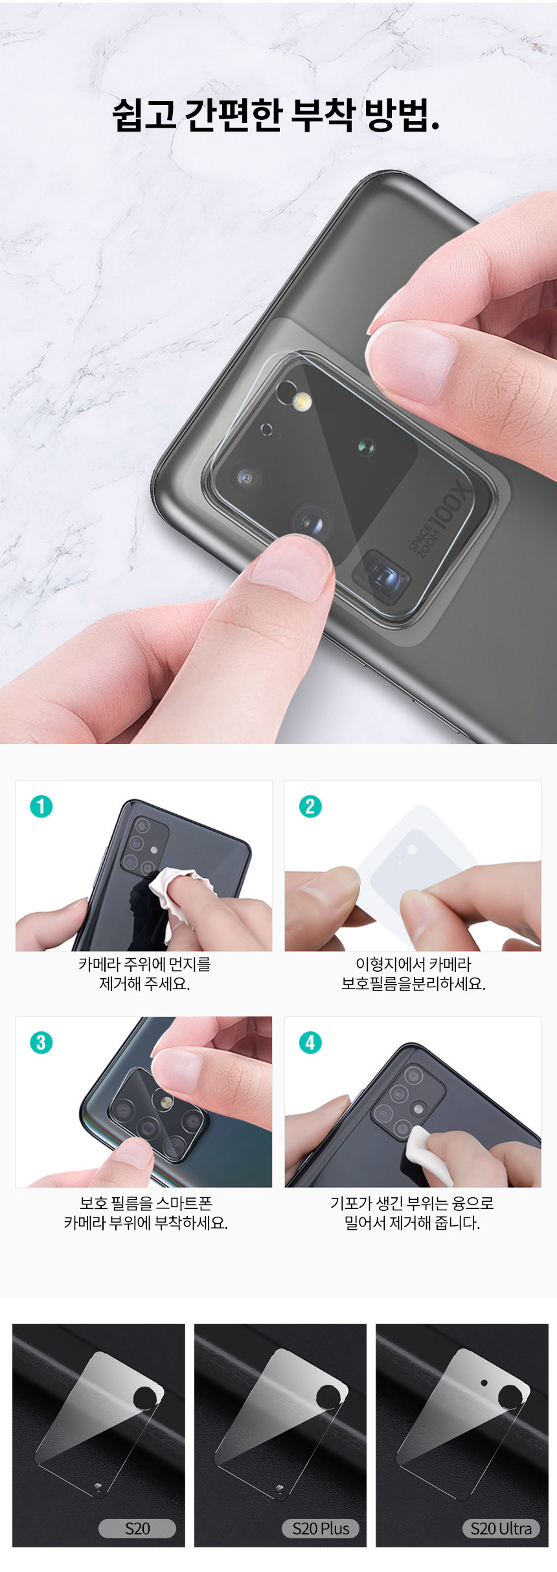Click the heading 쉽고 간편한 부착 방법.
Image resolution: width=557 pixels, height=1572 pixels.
click(x=277, y=115)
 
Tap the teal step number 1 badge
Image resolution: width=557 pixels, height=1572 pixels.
click(x=41, y=806)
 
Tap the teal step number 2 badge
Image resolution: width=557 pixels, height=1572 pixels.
click(x=310, y=806)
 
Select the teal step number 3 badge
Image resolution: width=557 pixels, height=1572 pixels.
click(x=41, y=1042)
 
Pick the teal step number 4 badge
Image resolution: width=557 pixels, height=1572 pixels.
click(x=310, y=1042)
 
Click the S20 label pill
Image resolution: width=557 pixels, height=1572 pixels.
click(x=137, y=1529)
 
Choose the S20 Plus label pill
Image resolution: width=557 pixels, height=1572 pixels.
click(x=321, y=1529)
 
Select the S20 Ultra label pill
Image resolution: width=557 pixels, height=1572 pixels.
click(x=501, y=1529)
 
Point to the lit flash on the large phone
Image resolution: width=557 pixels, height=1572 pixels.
click(x=302, y=403)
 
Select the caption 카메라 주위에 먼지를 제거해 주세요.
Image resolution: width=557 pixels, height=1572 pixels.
click(x=144, y=974)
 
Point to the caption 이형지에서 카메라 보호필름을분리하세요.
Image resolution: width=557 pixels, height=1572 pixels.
click(x=413, y=974)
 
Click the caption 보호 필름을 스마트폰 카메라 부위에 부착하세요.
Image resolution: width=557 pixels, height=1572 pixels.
click(x=146, y=1213)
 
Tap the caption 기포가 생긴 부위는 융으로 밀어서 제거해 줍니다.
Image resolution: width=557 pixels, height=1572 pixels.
click(x=412, y=1213)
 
